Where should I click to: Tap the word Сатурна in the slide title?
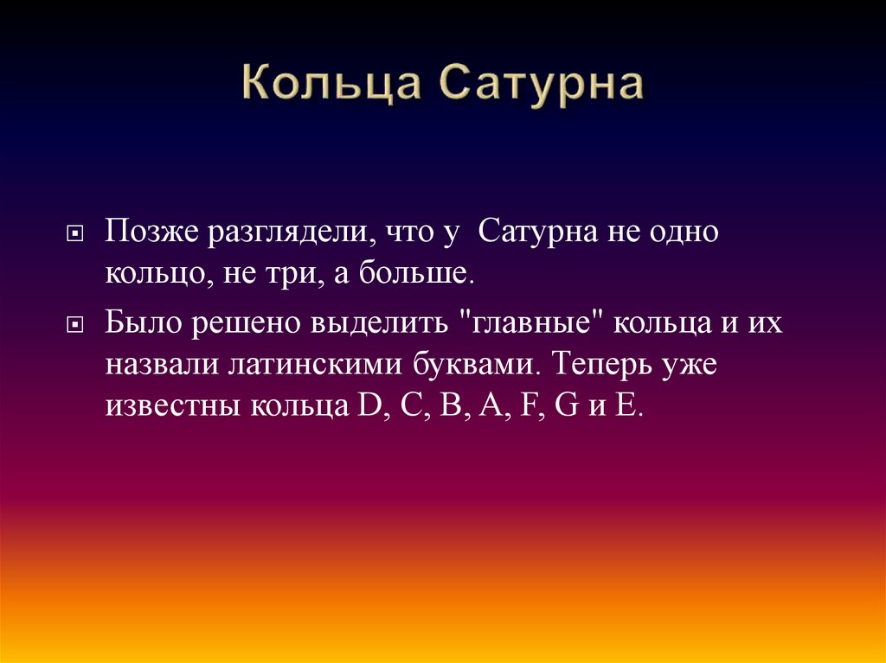pyautogui.click(x=543, y=86)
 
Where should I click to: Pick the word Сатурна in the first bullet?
pyautogui.click(x=532, y=233)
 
